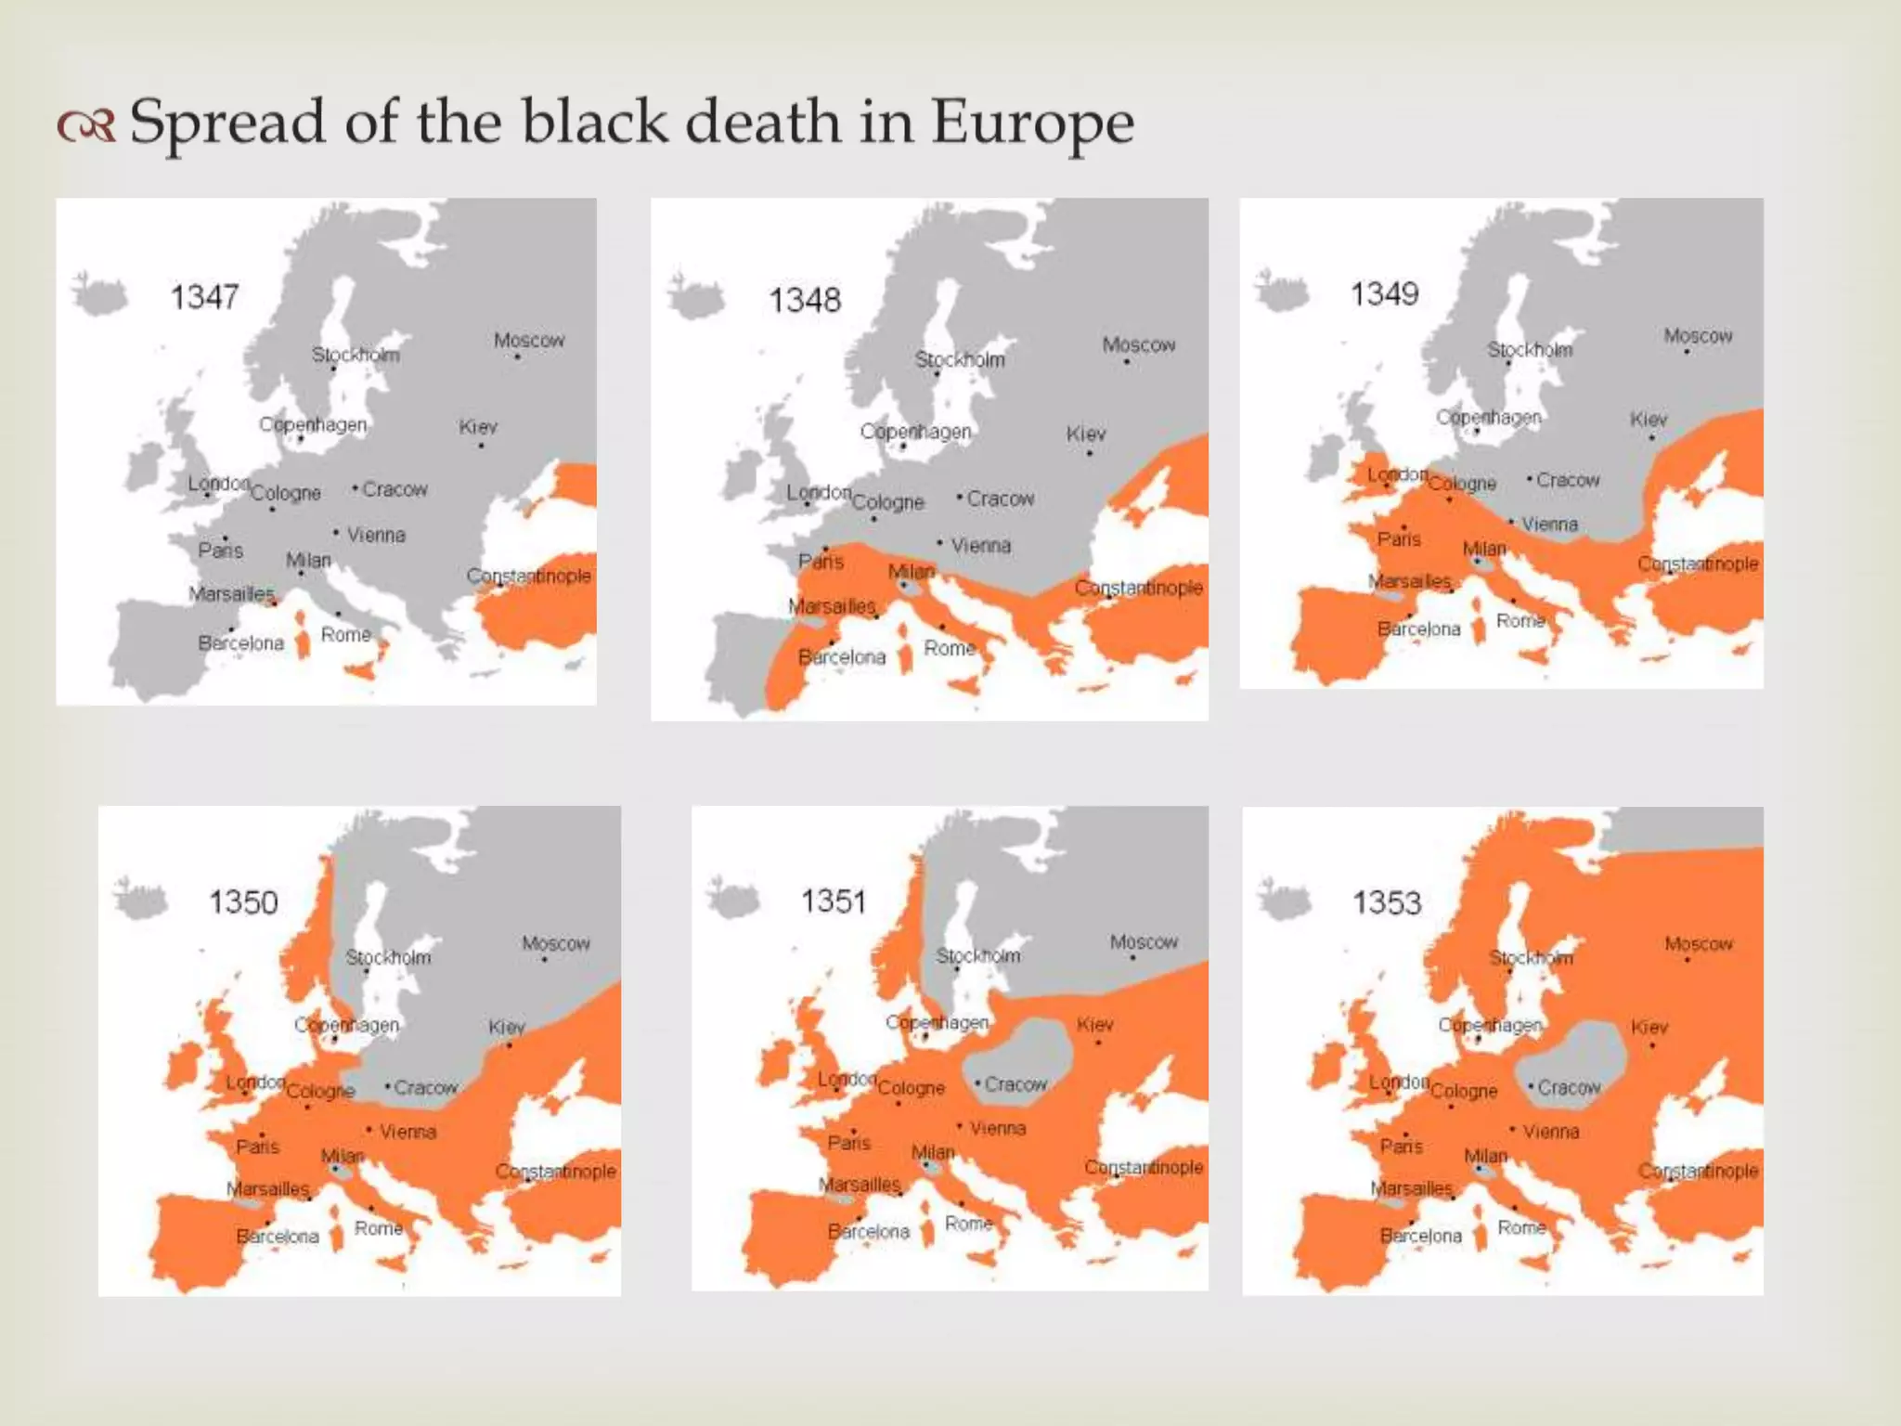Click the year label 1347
(204, 297)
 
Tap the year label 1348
(804, 300)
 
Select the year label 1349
(1384, 294)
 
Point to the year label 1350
(243, 901)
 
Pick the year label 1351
(833, 901)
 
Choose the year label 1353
(1386, 901)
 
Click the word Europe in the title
(1032, 123)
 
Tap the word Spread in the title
(227, 123)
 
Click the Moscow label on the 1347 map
(528, 340)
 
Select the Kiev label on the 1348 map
(1085, 434)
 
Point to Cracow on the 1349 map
(1568, 480)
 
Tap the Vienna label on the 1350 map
(407, 1132)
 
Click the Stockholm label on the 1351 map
(977, 955)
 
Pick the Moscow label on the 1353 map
(1698, 943)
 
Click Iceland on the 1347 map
(100, 296)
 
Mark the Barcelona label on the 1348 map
(842, 656)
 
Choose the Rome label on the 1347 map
(345, 634)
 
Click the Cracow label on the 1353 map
(1569, 1087)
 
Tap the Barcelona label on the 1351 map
(869, 1231)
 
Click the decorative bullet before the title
(86, 125)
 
